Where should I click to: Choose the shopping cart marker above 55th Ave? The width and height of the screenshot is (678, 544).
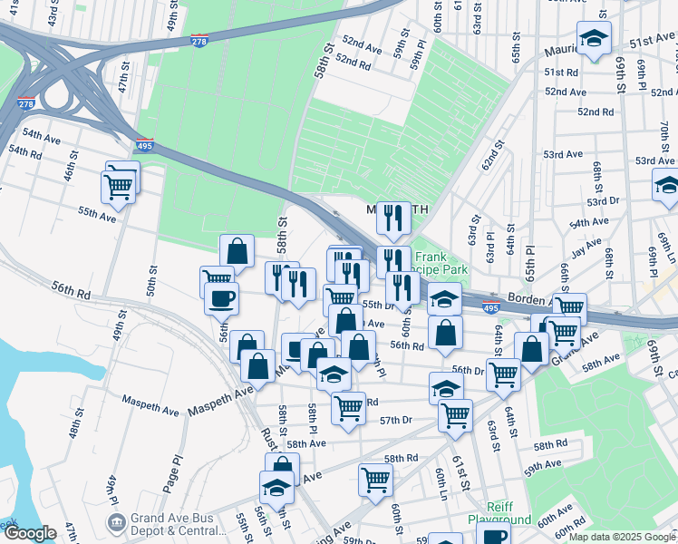(120, 185)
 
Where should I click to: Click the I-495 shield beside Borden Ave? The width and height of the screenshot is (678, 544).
(490, 308)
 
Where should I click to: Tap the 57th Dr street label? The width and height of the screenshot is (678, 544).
(396, 420)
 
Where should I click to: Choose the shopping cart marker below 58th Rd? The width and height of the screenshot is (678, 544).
(374, 480)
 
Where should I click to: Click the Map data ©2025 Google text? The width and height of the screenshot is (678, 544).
(621, 537)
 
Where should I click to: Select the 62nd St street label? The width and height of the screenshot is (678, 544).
(490, 155)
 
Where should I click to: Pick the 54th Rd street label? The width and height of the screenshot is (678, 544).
(24, 151)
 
